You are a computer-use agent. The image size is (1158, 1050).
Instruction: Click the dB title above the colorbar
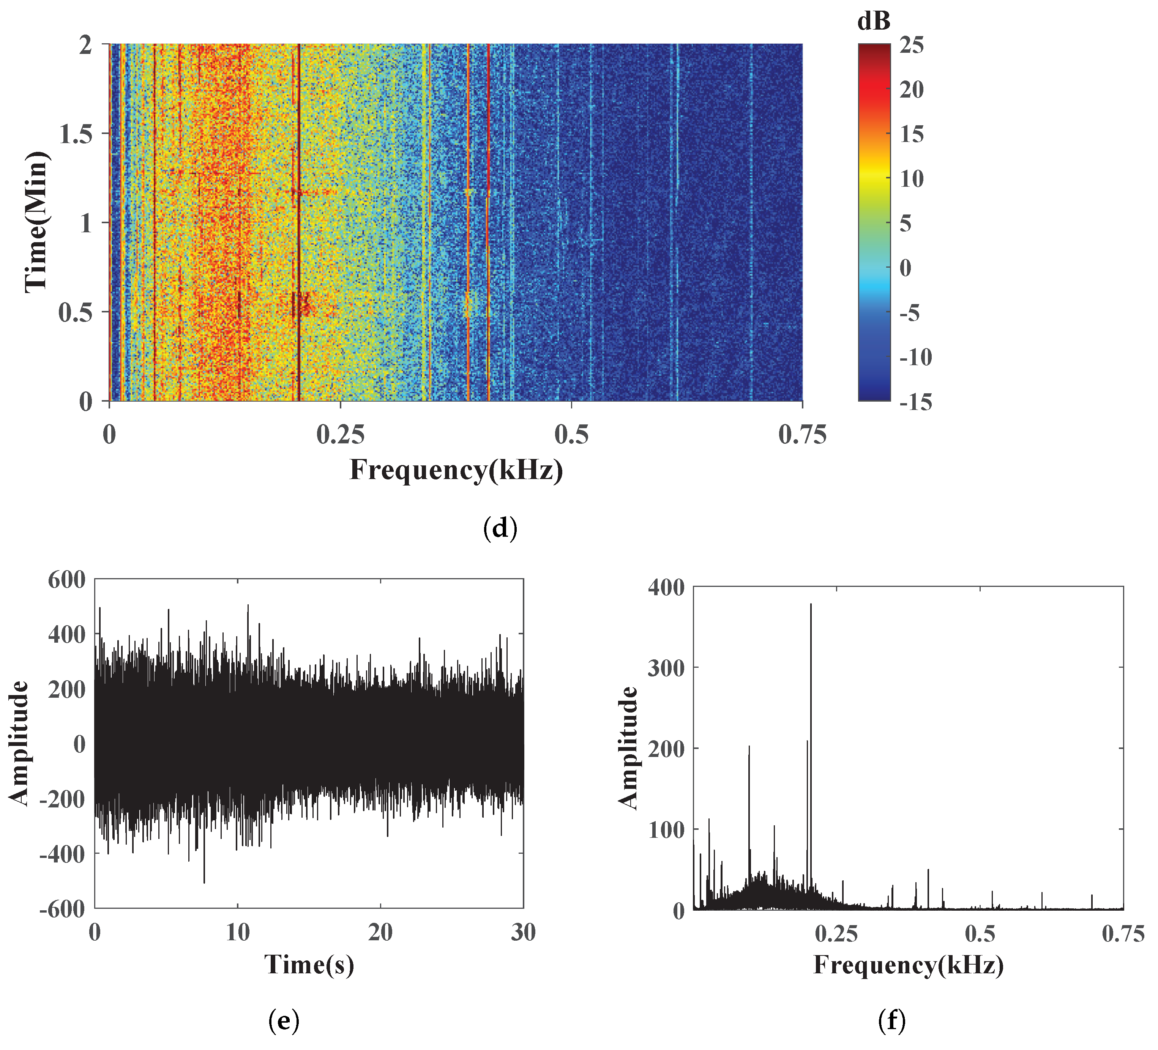(874, 22)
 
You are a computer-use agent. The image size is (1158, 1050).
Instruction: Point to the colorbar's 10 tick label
(912, 179)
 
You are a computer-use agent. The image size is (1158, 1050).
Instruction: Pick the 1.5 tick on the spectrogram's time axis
(76, 134)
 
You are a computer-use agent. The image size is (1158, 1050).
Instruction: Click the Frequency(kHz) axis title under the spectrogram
(456, 470)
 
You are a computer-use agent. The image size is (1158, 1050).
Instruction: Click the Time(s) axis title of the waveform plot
(309, 964)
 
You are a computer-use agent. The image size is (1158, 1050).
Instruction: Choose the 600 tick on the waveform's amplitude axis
(66, 580)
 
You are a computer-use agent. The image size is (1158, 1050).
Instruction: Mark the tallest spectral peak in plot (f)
(811, 604)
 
